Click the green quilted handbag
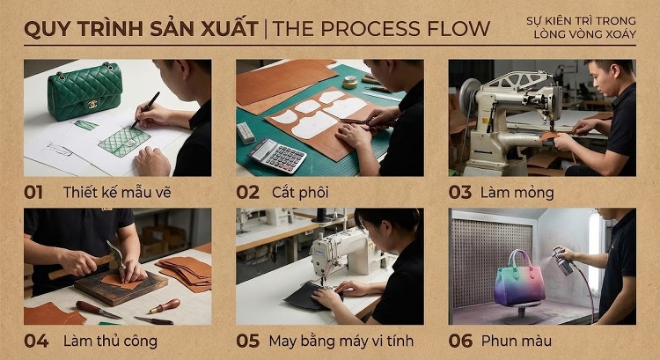coord(85,91)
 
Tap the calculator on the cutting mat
coord(277,156)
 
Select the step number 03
coord(459,193)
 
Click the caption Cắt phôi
coord(300,193)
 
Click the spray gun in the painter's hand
coord(563,261)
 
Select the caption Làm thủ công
coord(110,341)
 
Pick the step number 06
coord(460,341)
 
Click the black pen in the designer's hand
coord(145,110)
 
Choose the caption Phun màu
coord(517,341)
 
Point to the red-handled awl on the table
coord(165,306)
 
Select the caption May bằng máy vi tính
coord(341,341)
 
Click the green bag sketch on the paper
coord(125,142)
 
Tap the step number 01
coord(33,193)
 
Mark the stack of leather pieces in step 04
coord(185,274)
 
